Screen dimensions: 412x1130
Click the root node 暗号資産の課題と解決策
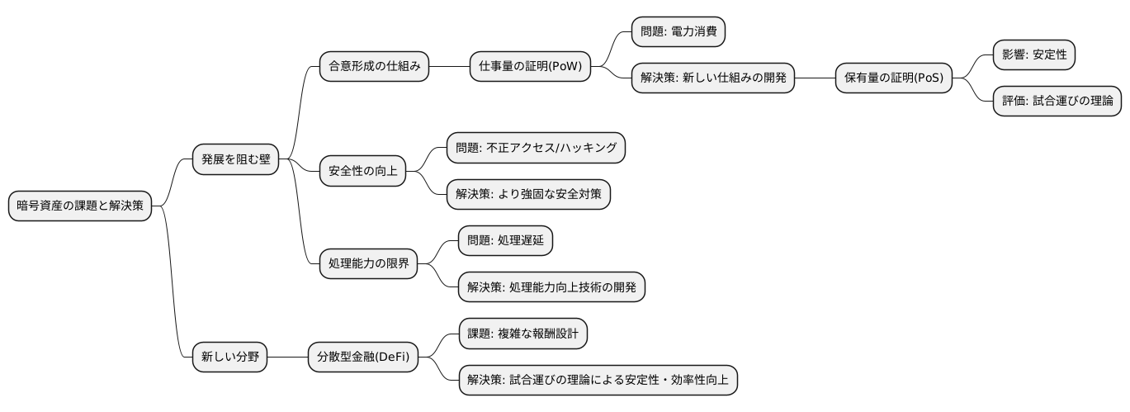(x=80, y=206)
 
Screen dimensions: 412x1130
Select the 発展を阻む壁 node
(x=235, y=159)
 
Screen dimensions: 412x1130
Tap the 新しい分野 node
(x=229, y=358)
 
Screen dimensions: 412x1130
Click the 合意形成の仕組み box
(x=375, y=66)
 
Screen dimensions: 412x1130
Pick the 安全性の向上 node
(x=362, y=171)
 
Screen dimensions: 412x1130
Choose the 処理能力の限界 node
(x=368, y=264)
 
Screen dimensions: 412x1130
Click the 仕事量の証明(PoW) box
(x=530, y=66)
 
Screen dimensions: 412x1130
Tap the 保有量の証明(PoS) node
(x=893, y=78)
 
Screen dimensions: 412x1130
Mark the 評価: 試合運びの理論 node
(x=1056, y=102)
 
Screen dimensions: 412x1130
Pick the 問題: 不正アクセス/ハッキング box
(x=536, y=148)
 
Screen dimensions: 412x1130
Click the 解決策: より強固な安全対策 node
(x=528, y=194)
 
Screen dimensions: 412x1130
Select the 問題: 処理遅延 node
(x=505, y=241)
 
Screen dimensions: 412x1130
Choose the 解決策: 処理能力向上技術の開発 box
(x=551, y=287)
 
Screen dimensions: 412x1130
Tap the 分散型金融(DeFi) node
(x=362, y=358)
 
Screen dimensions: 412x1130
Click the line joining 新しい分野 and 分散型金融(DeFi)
(x=287, y=358)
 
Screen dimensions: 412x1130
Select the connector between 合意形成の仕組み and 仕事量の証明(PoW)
(x=449, y=66)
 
